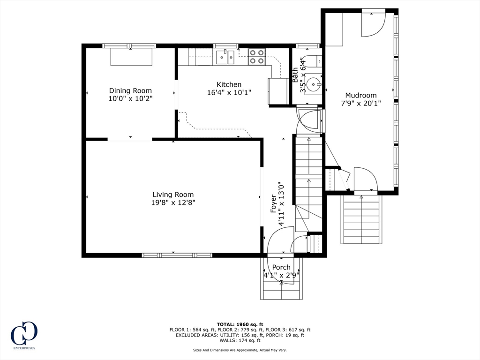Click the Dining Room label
[x=130, y=90]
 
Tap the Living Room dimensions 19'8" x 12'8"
[x=173, y=202]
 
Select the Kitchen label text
[x=229, y=84]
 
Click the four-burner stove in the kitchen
[x=256, y=57]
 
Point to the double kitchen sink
[x=225, y=57]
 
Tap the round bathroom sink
[x=314, y=82]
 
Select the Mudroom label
[x=361, y=95]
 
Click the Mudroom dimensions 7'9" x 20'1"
[x=361, y=103]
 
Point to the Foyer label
[x=273, y=204]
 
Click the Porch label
[x=281, y=267]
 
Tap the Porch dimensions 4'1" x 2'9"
[x=281, y=275]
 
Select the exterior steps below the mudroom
[x=361, y=219]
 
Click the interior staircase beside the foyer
[x=308, y=184]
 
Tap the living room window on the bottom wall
[x=177, y=255]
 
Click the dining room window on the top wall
[x=129, y=46]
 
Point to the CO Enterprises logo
[x=24, y=335]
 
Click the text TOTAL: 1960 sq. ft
[x=240, y=324]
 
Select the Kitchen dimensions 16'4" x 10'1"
[x=229, y=92]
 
